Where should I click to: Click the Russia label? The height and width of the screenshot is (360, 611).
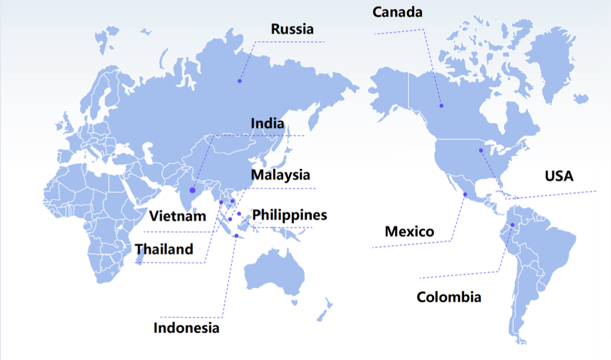(x=292, y=29)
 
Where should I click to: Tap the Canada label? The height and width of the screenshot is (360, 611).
(x=397, y=12)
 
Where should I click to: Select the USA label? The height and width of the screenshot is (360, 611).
(x=559, y=176)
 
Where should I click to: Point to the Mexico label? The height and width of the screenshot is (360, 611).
(x=409, y=232)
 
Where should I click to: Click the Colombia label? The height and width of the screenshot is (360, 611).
(x=449, y=297)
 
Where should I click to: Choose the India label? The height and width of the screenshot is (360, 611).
(x=267, y=123)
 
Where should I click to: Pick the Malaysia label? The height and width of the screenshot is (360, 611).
(x=280, y=175)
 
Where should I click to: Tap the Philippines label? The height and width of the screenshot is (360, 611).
(x=289, y=215)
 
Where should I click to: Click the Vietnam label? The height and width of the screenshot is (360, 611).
(x=178, y=216)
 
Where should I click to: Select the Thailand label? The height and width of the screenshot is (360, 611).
(x=164, y=249)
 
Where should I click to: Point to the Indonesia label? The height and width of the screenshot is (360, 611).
(x=187, y=328)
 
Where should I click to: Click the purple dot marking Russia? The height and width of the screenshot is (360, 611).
(x=239, y=81)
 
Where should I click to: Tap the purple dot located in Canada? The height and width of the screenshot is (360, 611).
(x=442, y=105)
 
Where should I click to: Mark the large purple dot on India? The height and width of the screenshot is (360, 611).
(x=193, y=190)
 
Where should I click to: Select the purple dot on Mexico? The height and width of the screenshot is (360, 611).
(x=465, y=194)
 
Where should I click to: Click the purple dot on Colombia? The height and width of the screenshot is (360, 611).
(x=513, y=225)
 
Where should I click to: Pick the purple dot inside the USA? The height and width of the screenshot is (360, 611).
(x=481, y=150)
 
